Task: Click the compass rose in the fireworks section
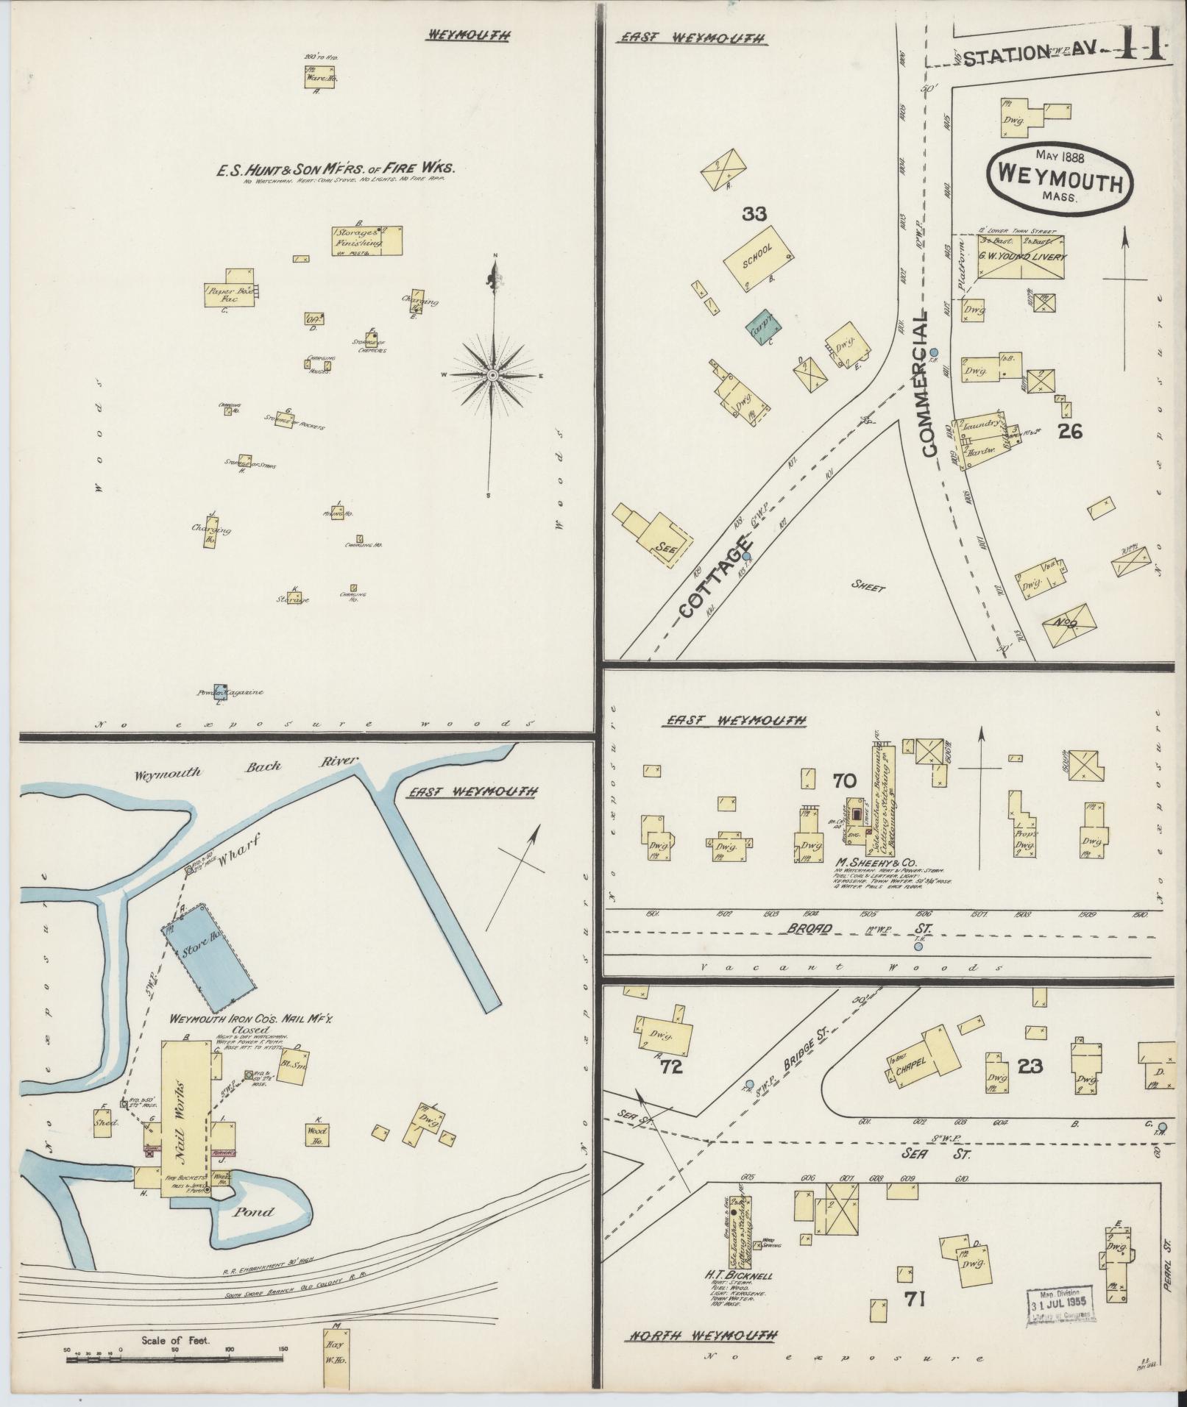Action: coord(492,375)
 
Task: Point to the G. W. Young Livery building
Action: coord(1021,257)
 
